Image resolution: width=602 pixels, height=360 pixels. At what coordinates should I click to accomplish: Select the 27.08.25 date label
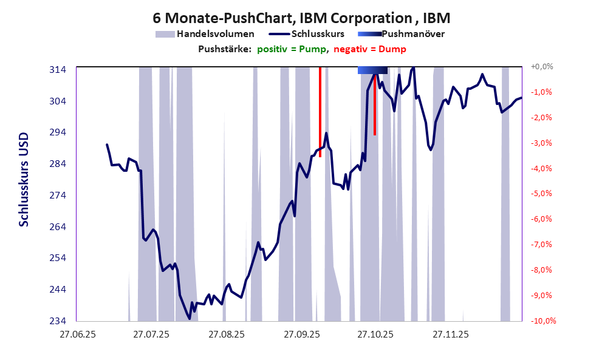[x=226, y=335]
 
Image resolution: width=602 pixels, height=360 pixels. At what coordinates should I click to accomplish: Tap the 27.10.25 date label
[x=375, y=335]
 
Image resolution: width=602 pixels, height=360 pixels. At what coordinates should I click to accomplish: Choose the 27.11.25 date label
[x=450, y=335]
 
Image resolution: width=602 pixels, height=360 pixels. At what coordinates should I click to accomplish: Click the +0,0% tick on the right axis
[x=542, y=67]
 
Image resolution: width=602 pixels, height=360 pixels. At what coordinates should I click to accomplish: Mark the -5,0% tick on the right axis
[x=542, y=194]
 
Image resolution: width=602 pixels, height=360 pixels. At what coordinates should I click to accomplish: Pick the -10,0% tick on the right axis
[x=542, y=321]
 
